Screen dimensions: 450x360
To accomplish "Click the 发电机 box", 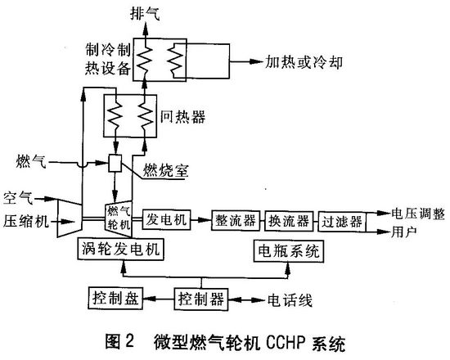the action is click(x=166, y=220).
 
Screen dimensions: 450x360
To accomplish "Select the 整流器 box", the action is click(x=236, y=221).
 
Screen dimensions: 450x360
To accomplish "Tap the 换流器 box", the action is click(x=289, y=221).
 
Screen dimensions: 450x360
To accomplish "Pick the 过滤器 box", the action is click(x=342, y=222).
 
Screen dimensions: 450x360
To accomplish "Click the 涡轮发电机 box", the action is click(x=120, y=249).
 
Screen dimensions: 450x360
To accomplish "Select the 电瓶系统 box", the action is click(x=289, y=251).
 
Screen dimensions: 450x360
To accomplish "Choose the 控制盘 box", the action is click(x=115, y=298).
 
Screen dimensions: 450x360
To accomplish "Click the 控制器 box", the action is click(x=201, y=299).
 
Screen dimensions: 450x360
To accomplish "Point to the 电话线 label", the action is click(x=290, y=300).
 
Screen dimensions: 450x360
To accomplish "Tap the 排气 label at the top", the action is click(x=145, y=13).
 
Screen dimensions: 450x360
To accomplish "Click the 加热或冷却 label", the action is click(x=304, y=61).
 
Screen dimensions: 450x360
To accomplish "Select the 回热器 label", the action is click(x=182, y=117).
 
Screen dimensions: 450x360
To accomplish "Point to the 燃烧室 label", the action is click(x=166, y=170).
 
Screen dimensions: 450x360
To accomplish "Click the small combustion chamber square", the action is click(x=115, y=164).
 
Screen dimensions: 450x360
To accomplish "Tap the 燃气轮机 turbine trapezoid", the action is click(x=119, y=218).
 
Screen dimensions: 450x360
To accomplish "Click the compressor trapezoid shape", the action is click(x=70, y=218).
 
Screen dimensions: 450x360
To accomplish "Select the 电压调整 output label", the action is click(x=418, y=214).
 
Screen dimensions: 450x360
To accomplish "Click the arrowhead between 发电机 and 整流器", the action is click(x=205, y=220).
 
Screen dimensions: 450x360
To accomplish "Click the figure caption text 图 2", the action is click(x=119, y=342).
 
